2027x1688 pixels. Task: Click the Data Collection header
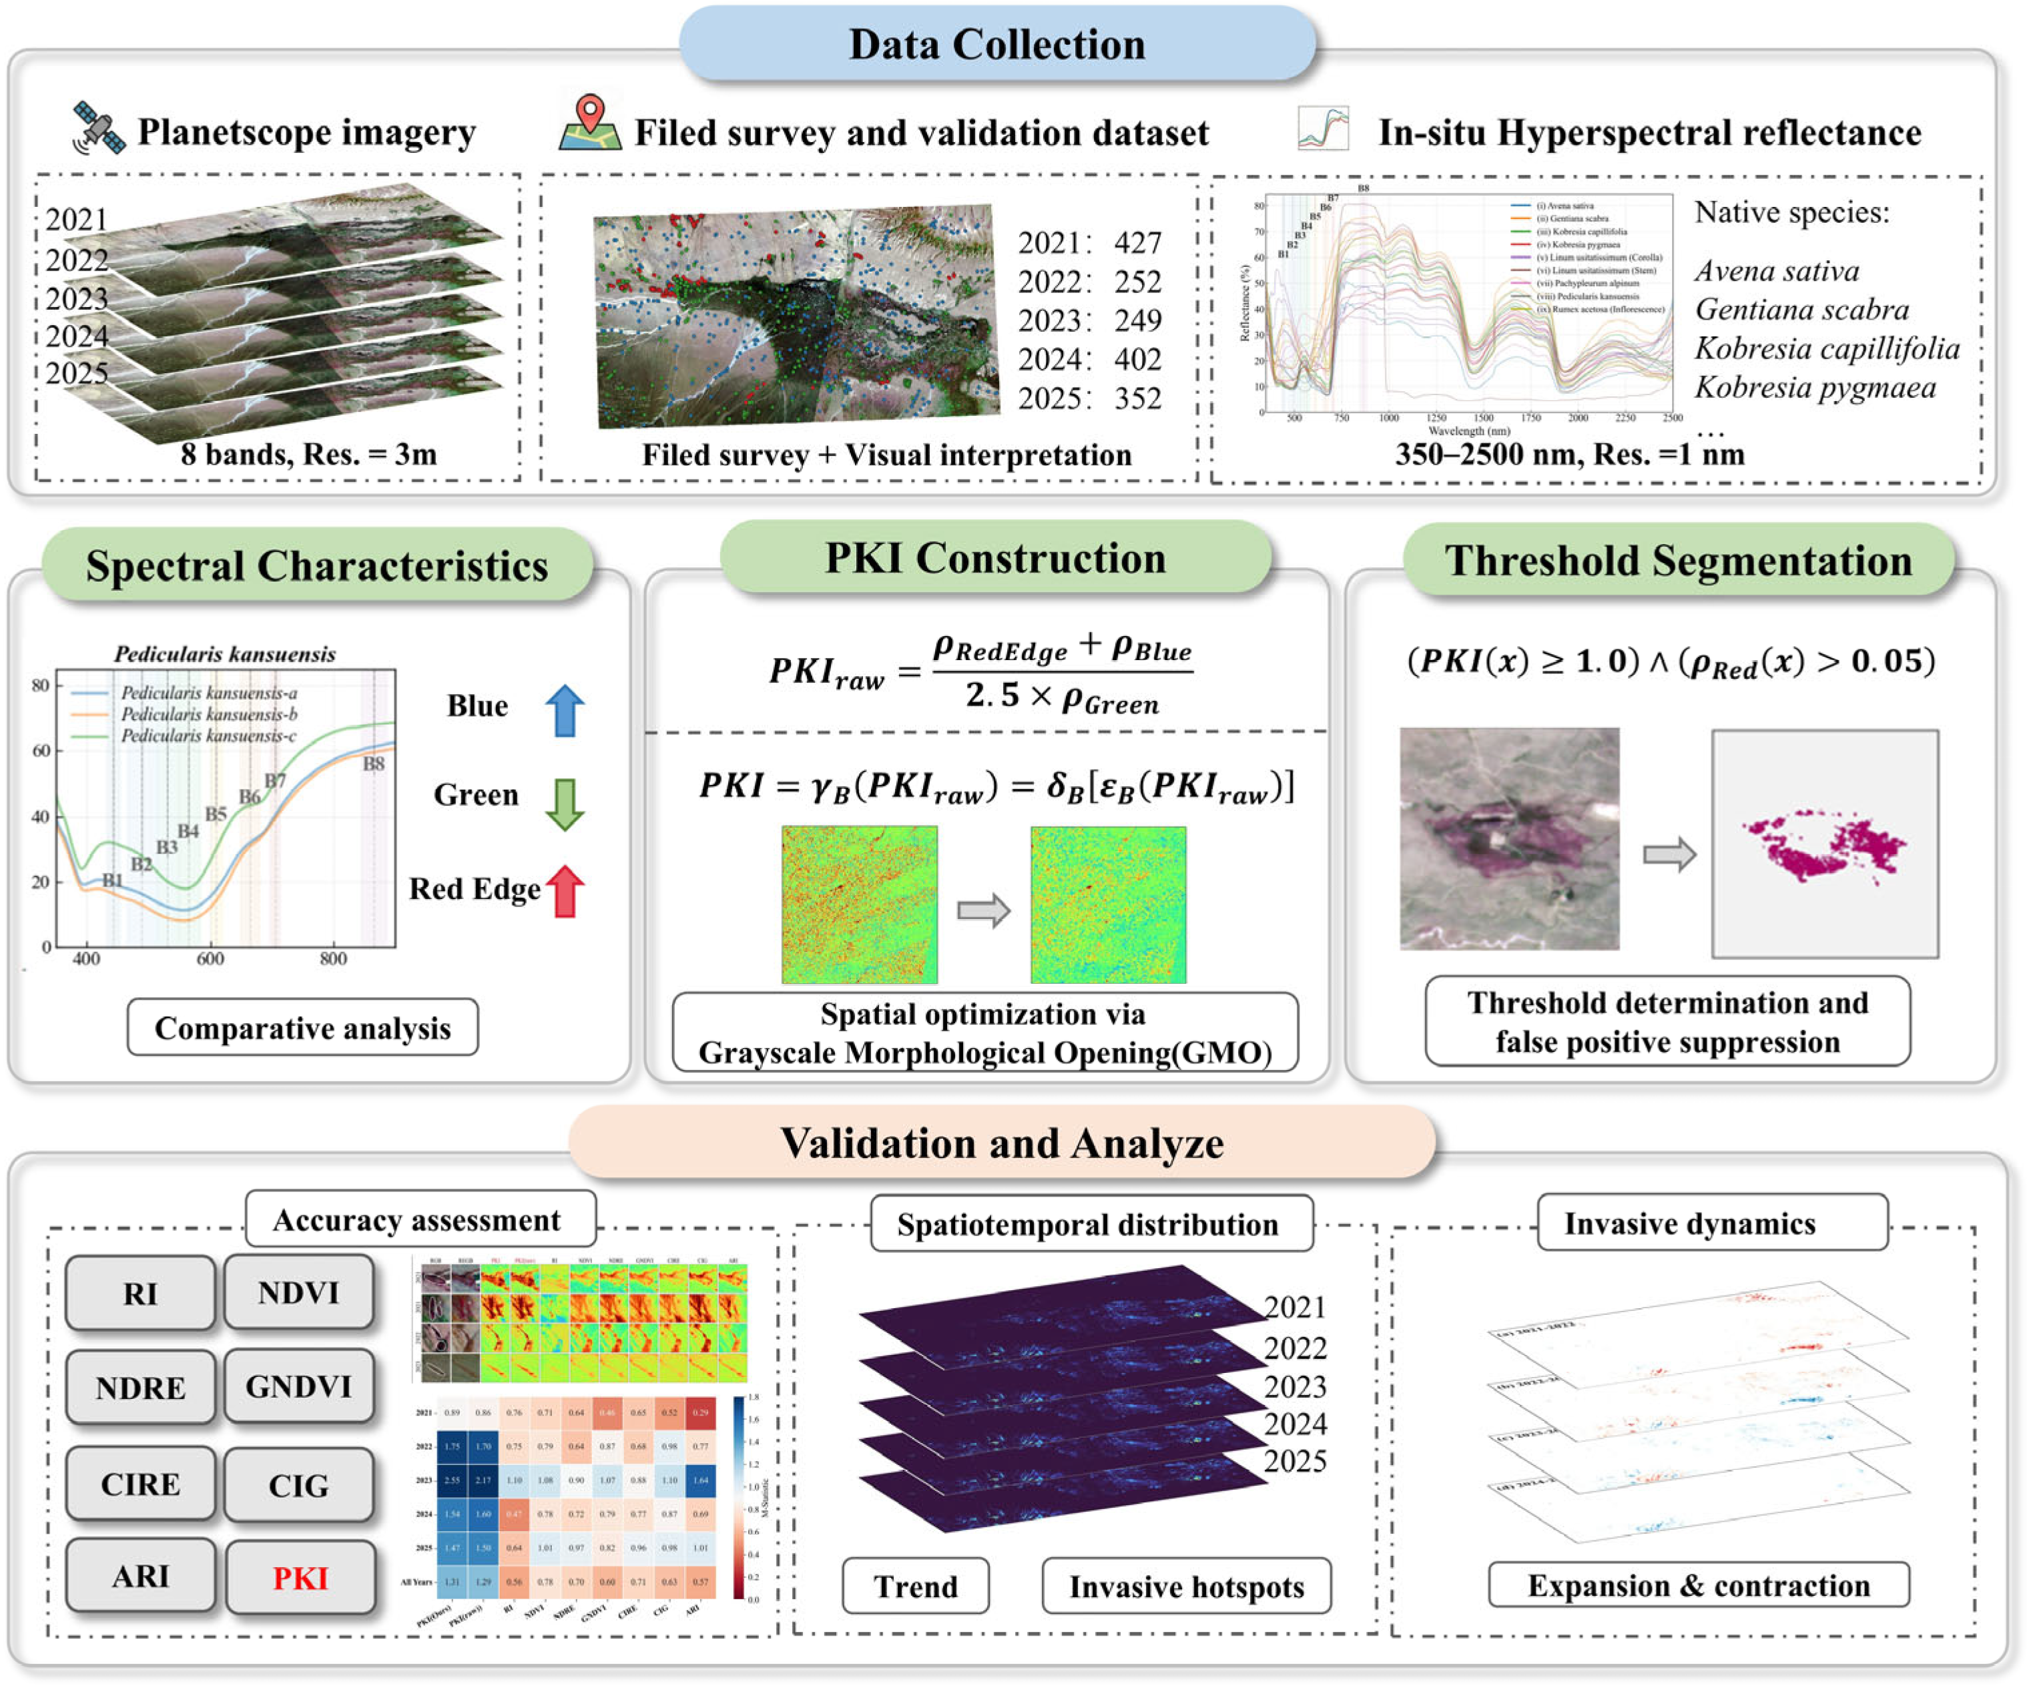pyautogui.click(x=997, y=45)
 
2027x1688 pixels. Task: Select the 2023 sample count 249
pyautogui.click(x=1137, y=320)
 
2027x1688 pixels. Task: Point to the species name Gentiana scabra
pyautogui.click(x=1801, y=310)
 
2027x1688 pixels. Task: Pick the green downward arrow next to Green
pyautogui.click(x=565, y=803)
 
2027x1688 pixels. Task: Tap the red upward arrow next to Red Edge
pyautogui.click(x=565, y=890)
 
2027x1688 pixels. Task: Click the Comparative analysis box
pyautogui.click(x=302, y=1028)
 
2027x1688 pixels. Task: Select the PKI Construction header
pyautogui.click(x=995, y=559)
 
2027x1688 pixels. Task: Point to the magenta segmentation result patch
pyautogui.click(x=1823, y=846)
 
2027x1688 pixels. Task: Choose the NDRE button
pyautogui.click(x=141, y=1388)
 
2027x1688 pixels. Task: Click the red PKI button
pyautogui.click(x=300, y=1578)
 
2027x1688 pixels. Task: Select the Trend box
pyautogui.click(x=915, y=1587)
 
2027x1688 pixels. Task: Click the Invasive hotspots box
pyautogui.click(x=1185, y=1587)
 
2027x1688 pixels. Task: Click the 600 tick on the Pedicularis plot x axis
pyautogui.click(x=210, y=958)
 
